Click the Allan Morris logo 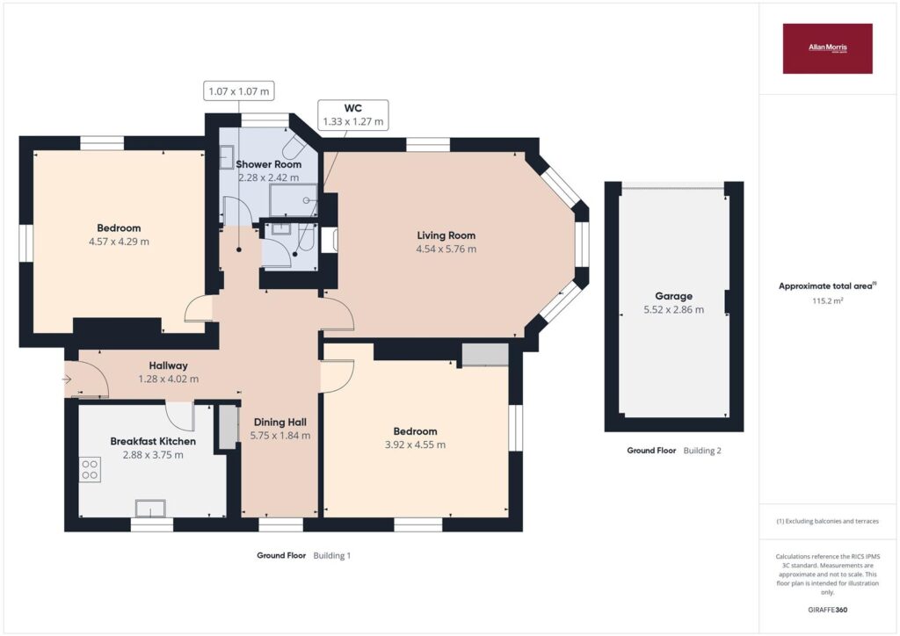tap(827, 48)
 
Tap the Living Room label tap(446, 235)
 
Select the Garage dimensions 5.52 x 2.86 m tap(673, 310)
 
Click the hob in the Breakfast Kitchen tap(90, 469)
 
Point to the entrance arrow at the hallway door tap(67, 379)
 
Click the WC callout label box tap(353, 115)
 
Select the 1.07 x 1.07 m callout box tap(239, 91)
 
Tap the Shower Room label tap(269, 164)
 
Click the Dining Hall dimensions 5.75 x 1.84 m tap(280, 436)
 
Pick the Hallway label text tap(168, 365)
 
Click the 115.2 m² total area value tap(827, 300)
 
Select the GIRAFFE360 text tap(827, 610)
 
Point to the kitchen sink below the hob tap(150, 509)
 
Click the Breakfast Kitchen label tap(153, 441)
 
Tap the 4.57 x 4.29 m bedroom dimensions tap(119, 242)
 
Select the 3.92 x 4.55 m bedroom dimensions tap(415, 444)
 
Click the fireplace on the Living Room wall tap(329, 241)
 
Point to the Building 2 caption tap(702, 451)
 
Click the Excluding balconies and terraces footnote tap(827, 521)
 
